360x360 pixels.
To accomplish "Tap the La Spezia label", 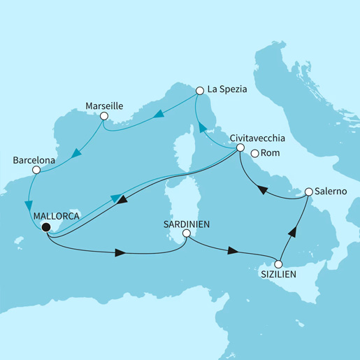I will click(x=227, y=89).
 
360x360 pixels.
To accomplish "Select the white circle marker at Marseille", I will click(x=104, y=117).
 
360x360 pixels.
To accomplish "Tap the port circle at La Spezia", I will click(x=200, y=90).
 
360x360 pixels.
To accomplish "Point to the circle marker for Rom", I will click(x=254, y=154).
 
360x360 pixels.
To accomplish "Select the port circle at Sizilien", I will click(x=278, y=265).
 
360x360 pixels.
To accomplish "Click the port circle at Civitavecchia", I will click(x=240, y=148).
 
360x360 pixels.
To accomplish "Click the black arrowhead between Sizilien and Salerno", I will click(x=294, y=234).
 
